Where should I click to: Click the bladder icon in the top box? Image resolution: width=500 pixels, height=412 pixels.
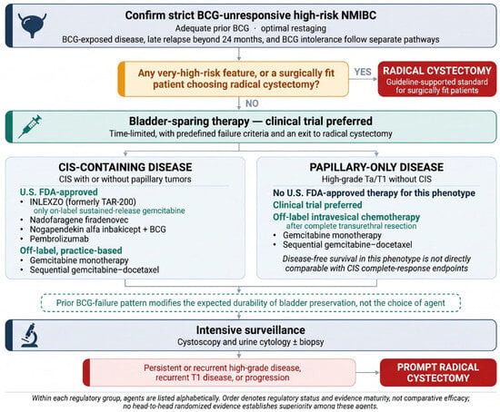(x=32, y=25)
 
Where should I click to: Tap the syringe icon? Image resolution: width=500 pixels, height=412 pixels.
(x=30, y=126)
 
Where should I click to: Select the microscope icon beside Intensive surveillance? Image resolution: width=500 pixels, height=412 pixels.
(x=30, y=335)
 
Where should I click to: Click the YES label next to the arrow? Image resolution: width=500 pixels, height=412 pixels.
(x=363, y=72)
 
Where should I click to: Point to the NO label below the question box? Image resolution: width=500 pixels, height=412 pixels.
(x=252, y=103)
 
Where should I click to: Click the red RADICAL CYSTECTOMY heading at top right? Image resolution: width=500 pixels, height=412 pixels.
(x=437, y=71)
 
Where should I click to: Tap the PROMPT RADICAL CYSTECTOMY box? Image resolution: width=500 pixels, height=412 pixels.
(x=438, y=372)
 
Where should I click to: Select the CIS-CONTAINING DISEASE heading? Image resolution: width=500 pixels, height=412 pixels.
(x=125, y=167)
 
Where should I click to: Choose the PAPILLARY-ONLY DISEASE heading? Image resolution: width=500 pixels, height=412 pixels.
(x=376, y=167)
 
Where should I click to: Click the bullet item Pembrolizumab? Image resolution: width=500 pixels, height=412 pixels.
(x=59, y=239)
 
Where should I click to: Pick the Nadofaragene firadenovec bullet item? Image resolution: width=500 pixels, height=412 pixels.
(x=79, y=220)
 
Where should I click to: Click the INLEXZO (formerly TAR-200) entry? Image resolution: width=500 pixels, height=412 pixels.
(x=83, y=201)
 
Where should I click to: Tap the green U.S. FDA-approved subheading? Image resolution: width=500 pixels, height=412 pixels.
(x=59, y=192)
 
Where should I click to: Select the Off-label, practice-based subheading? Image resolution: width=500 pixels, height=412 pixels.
(x=71, y=250)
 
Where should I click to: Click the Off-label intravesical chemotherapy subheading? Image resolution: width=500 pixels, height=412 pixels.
(x=346, y=217)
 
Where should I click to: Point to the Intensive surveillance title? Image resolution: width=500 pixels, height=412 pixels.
(x=251, y=329)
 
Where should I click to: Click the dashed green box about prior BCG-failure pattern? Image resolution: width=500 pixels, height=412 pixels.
(x=251, y=303)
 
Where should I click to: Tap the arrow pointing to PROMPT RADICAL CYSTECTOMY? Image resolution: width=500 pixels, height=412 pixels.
(x=367, y=372)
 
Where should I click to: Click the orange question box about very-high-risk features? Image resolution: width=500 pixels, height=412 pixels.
(x=233, y=79)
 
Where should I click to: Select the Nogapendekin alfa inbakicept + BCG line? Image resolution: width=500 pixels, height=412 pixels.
(x=98, y=230)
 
